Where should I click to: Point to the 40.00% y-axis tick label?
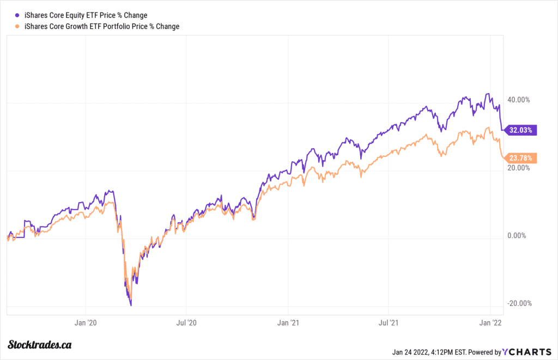[x=518, y=100]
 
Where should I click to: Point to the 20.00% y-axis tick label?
[x=518, y=168]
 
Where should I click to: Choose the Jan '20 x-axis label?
[x=85, y=323]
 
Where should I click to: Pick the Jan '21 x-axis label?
[x=287, y=323]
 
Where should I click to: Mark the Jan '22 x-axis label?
[x=491, y=323]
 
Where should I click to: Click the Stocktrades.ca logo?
[x=40, y=345]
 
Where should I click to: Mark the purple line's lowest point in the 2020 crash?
[x=131, y=305]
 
